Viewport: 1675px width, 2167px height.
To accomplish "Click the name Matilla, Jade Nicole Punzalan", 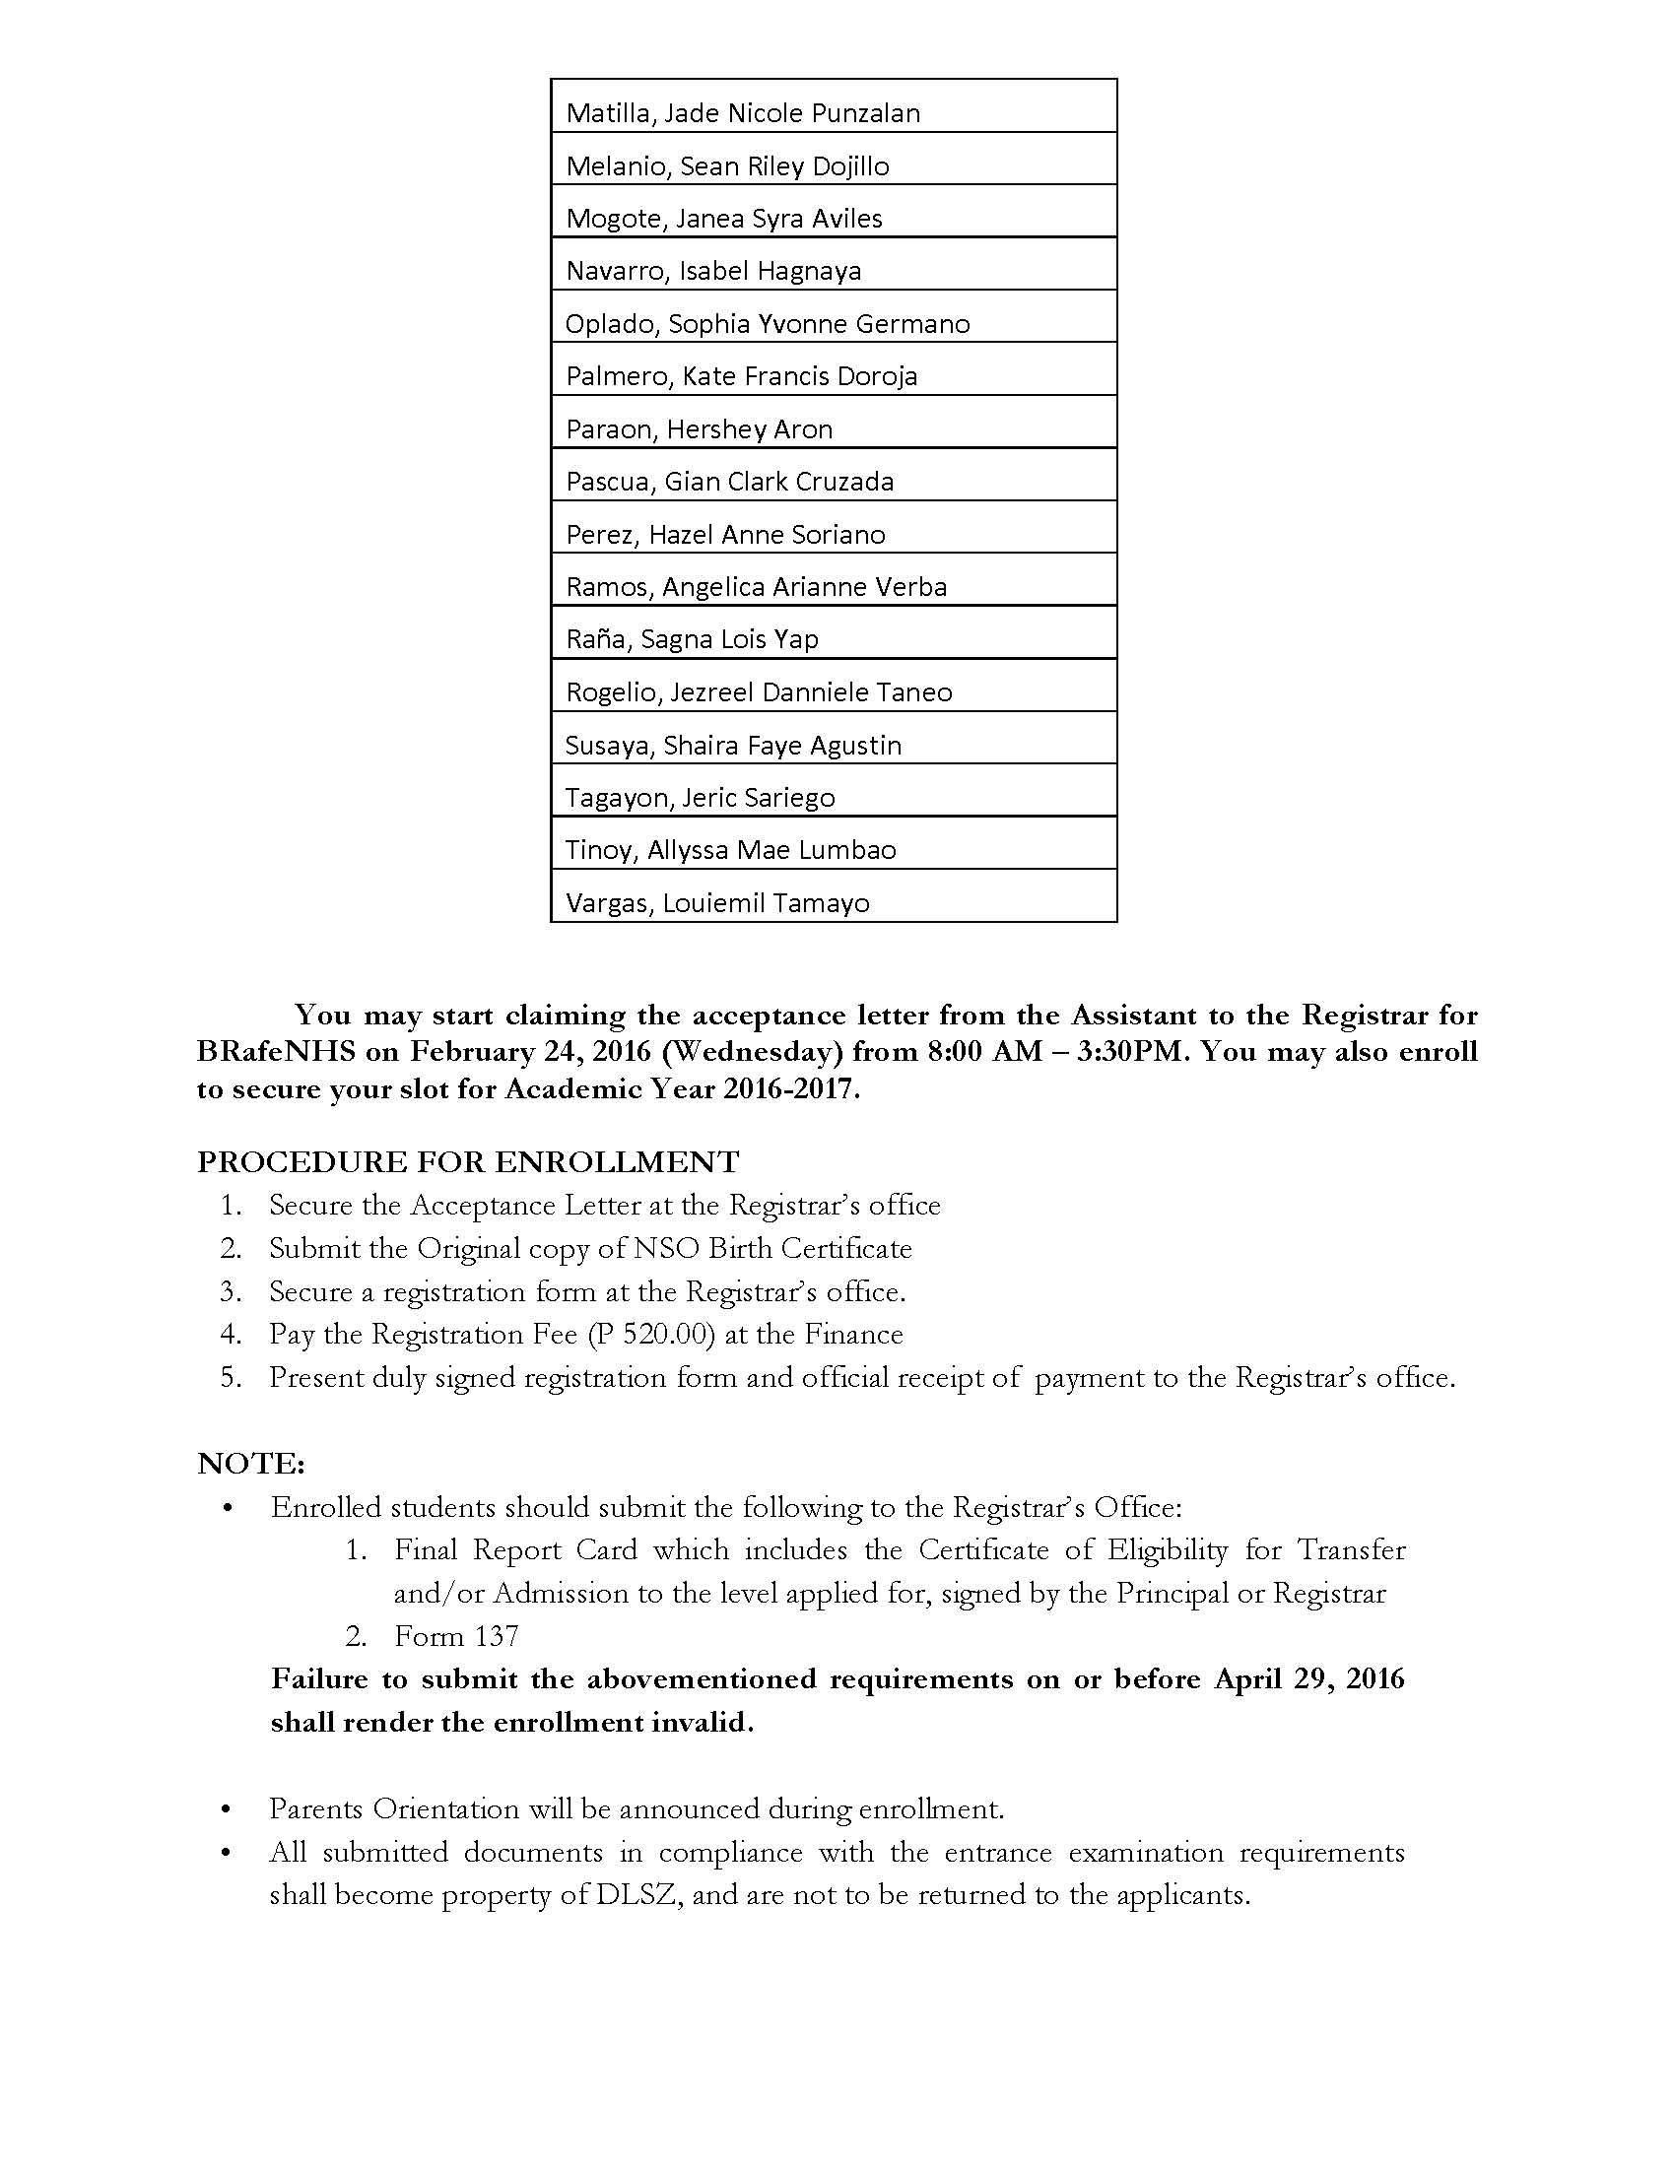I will coord(742,113).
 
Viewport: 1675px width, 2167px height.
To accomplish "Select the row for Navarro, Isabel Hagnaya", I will coord(713,271).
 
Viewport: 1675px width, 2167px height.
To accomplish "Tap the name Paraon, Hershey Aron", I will coord(699,429).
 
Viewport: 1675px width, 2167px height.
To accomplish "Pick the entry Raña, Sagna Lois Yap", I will coord(692,639).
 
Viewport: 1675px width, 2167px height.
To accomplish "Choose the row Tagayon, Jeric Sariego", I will coord(700,798).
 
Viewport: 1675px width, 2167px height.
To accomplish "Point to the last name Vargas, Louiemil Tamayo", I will coord(717,903).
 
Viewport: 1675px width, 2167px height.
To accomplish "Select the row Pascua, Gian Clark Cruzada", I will coord(729,483).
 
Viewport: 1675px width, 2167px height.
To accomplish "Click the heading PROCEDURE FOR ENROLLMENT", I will coord(468,1161).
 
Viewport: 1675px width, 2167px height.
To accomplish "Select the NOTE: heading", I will coord(251,1464).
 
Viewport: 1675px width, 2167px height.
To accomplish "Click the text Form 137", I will coord(456,1636).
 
